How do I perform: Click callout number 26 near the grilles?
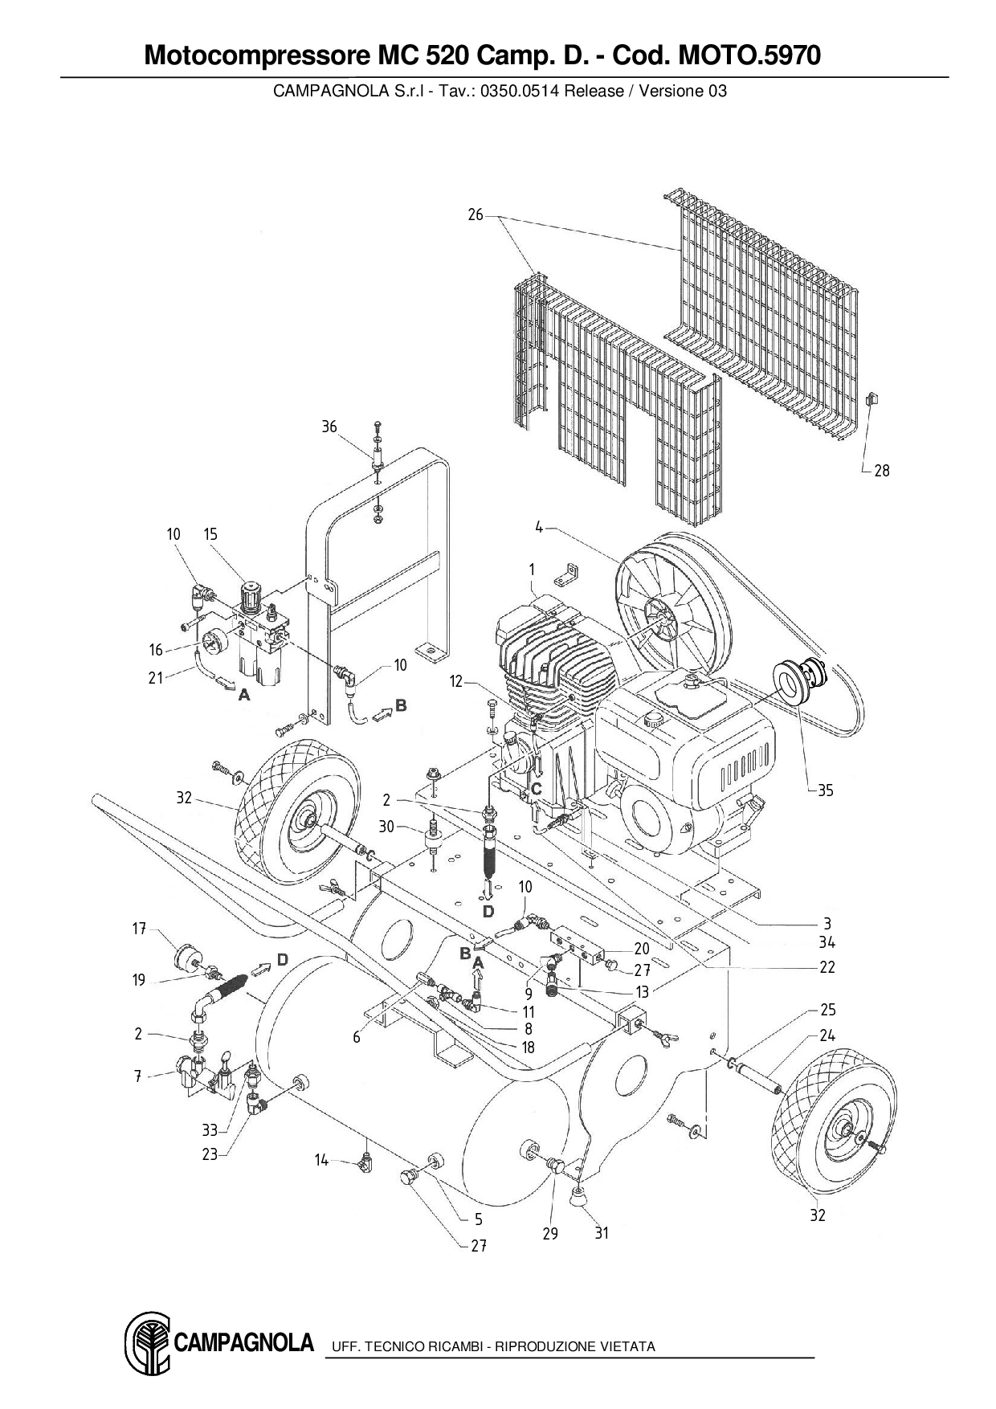click(476, 214)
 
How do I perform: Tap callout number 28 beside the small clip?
click(881, 471)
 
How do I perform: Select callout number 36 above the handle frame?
click(329, 427)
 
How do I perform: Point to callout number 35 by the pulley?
click(825, 790)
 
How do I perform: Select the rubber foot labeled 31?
click(578, 1198)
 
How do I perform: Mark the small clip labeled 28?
click(873, 398)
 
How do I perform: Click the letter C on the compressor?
click(537, 789)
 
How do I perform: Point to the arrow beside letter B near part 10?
click(381, 710)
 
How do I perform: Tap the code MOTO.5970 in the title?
click(750, 55)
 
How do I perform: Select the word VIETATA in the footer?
click(627, 1346)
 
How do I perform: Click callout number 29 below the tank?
click(549, 1233)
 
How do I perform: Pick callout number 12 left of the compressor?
click(456, 681)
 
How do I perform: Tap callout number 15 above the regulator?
click(210, 534)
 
